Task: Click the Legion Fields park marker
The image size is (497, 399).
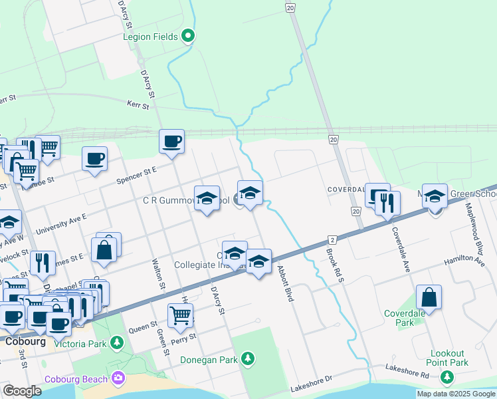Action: pos(188,36)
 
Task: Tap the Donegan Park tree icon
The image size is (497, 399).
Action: pos(248,359)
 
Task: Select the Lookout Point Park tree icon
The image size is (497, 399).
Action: pos(447,377)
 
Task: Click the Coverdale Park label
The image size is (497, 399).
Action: pos(407,318)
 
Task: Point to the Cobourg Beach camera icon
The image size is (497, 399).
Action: pos(118,378)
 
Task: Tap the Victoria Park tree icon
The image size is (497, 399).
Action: pos(117,342)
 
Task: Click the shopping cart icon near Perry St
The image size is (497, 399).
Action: pos(180,316)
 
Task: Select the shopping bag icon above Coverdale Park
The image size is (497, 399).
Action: pos(429,297)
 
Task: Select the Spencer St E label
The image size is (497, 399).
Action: pos(136,170)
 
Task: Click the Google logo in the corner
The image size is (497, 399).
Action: pos(23,391)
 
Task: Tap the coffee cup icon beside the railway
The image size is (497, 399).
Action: pos(172,141)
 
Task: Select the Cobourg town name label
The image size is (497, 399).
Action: pos(25,341)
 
